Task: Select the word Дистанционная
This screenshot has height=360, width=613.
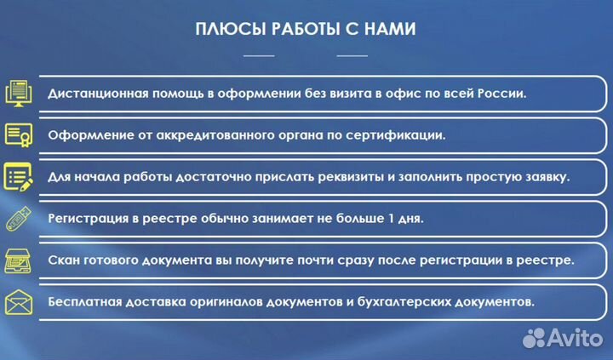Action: pos(95,94)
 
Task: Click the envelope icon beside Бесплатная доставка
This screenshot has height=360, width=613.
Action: pos(19,302)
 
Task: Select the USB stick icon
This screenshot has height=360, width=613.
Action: pos(19,219)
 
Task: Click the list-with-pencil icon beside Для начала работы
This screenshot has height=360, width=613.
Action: pos(19,177)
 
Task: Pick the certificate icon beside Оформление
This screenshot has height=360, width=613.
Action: pos(19,135)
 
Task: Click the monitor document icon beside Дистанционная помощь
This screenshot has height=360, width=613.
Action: pos(19,94)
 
